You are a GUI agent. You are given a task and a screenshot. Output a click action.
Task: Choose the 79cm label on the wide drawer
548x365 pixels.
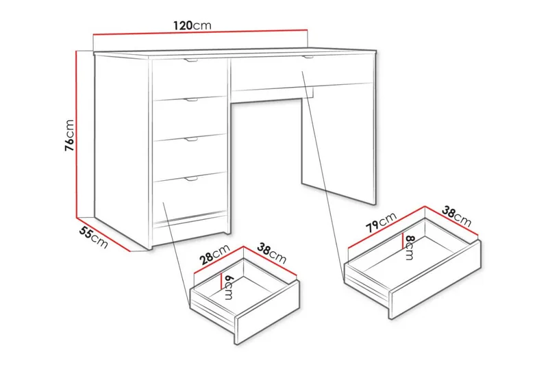380,224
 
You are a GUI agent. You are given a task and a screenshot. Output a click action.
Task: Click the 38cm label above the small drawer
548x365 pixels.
272,254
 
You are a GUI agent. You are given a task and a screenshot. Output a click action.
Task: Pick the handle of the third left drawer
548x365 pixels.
191,140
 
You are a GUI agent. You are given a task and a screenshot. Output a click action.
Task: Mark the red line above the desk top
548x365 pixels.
199,32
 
